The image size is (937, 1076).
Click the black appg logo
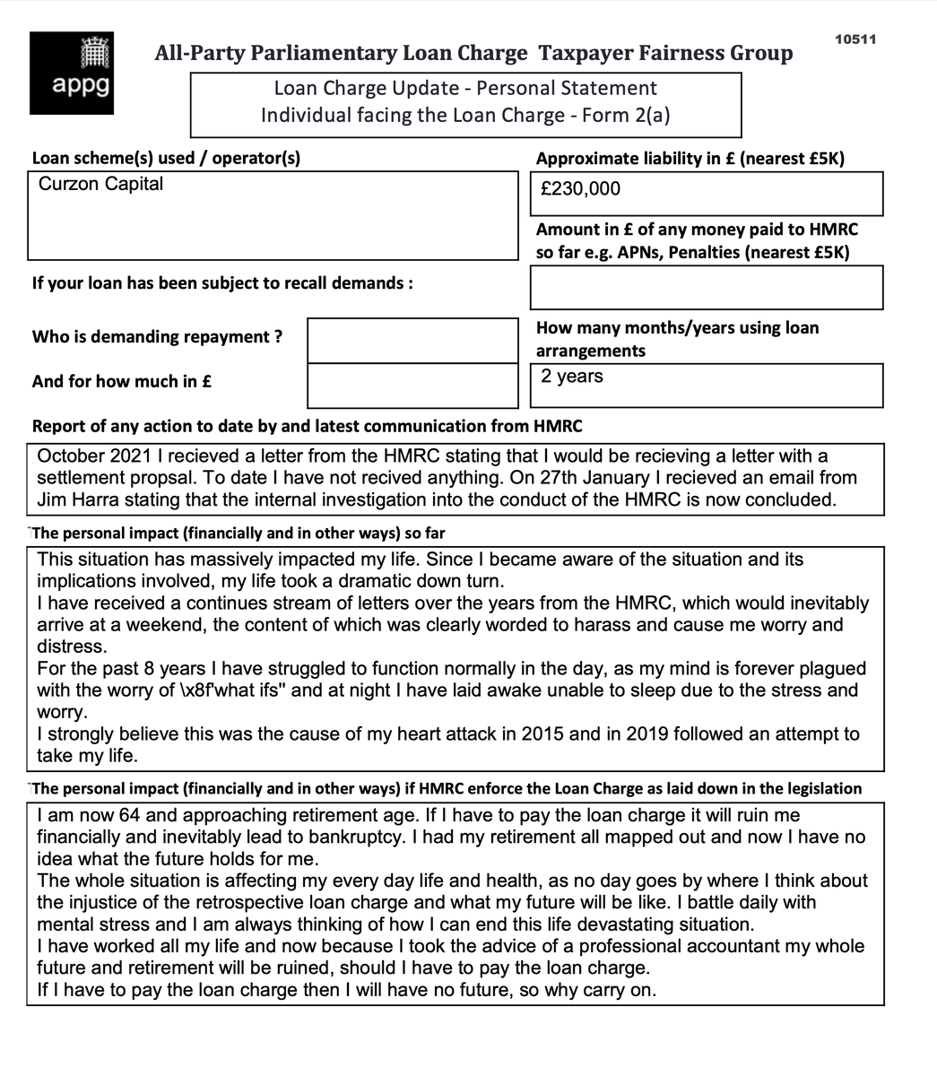pos(72,74)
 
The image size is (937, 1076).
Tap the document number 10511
pos(855,39)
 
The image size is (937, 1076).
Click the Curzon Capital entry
pos(101,184)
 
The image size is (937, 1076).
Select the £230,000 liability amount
pos(580,188)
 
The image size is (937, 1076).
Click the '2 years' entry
pos(572,376)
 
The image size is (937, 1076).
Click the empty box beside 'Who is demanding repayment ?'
pos(412,340)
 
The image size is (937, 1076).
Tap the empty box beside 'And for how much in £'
pos(412,385)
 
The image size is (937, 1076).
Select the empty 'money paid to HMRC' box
pos(706,288)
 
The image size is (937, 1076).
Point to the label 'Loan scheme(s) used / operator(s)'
pos(166,158)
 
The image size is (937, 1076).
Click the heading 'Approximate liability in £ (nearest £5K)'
pos(690,159)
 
